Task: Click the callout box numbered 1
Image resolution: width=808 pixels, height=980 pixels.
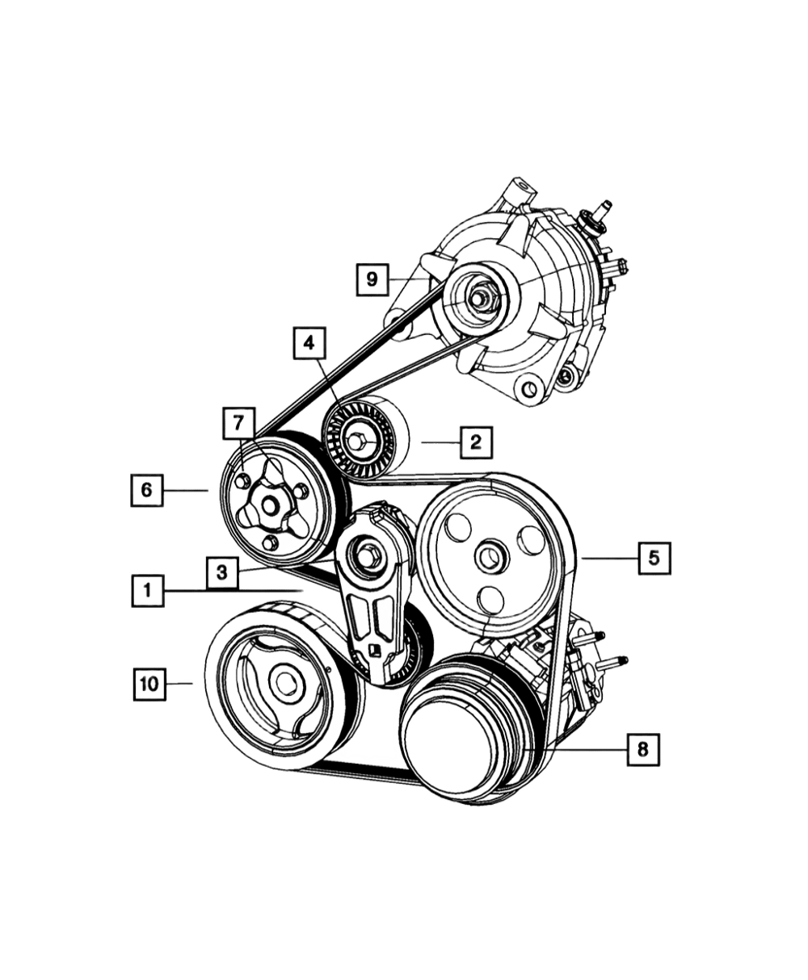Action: [148, 590]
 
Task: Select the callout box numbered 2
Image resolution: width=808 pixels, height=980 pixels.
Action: [477, 442]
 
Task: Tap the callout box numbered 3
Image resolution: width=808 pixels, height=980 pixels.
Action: [221, 572]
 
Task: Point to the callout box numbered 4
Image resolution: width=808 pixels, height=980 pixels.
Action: [308, 344]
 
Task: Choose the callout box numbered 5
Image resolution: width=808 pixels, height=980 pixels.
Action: [654, 558]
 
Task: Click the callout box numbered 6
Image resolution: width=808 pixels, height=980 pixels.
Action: [147, 491]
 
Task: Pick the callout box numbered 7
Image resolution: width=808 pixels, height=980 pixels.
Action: [239, 424]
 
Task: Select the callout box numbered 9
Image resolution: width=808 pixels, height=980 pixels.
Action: [372, 280]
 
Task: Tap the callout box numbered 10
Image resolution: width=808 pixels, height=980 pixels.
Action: [149, 684]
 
